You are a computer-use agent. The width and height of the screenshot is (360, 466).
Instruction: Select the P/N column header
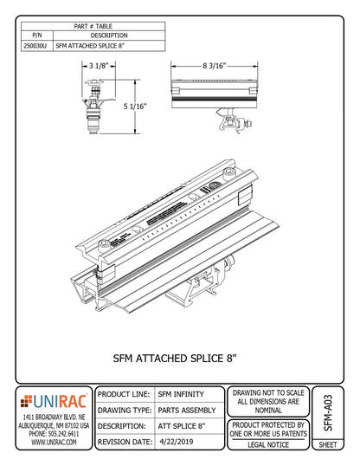(x=35, y=36)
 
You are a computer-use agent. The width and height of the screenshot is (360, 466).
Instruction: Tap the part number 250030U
(x=35, y=47)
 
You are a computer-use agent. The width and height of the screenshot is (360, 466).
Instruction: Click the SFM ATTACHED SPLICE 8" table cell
(x=89, y=47)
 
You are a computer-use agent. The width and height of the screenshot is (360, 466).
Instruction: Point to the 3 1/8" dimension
(x=97, y=65)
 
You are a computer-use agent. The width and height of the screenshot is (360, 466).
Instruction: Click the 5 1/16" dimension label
(x=134, y=106)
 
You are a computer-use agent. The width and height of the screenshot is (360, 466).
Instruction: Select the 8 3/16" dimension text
(x=216, y=65)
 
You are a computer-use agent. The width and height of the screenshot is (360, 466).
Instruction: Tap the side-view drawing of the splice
(x=216, y=95)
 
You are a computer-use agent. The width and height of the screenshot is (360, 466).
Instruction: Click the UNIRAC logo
(x=55, y=401)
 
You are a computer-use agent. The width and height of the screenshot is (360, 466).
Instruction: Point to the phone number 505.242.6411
(x=55, y=432)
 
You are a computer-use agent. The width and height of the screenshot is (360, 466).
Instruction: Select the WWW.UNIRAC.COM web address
(x=55, y=442)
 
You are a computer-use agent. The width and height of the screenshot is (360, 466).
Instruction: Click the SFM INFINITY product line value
(x=181, y=394)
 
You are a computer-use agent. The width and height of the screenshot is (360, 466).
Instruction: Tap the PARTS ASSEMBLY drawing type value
(x=188, y=410)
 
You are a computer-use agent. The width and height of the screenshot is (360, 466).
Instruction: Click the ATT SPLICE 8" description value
(x=182, y=425)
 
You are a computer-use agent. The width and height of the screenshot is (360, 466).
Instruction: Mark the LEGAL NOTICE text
(x=267, y=444)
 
